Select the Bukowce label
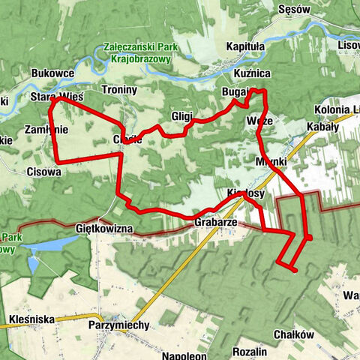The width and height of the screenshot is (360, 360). point(52,73)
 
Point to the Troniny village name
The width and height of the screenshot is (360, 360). point(119,90)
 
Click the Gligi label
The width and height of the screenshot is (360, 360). point(181,116)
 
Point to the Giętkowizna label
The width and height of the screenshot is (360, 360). point(104,226)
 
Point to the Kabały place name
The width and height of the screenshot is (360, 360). point(323,127)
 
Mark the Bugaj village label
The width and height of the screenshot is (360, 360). point(235,91)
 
